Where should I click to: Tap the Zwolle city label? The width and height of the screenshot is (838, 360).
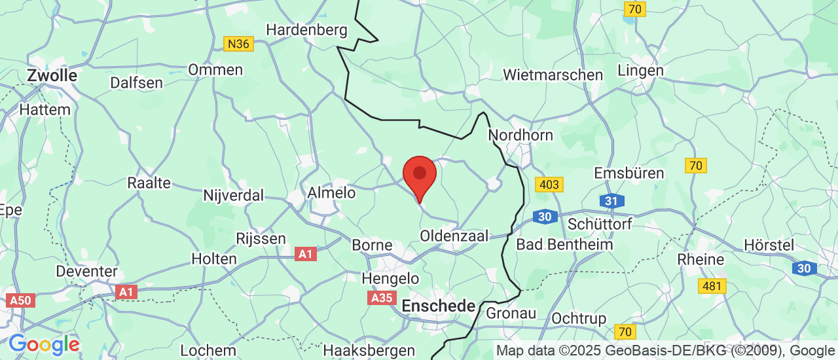(x=52, y=75)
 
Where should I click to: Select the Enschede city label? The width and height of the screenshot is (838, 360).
(x=438, y=306)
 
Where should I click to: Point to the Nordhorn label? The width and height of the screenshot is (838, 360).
(x=520, y=135)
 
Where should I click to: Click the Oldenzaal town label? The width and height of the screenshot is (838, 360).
(x=454, y=236)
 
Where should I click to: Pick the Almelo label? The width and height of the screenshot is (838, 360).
(x=331, y=192)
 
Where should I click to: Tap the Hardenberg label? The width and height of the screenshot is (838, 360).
(x=306, y=29)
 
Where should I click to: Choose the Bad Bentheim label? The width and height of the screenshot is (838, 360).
(x=564, y=244)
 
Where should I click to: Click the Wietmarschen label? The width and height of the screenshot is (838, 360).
(x=553, y=75)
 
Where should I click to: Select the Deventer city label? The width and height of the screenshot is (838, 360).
(x=86, y=271)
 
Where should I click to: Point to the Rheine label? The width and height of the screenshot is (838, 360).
(x=701, y=259)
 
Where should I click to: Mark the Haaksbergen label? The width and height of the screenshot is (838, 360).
(x=369, y=350)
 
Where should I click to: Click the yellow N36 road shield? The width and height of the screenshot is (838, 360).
(x=238, y=44)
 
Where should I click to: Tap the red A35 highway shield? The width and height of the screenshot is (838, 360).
(x=382, y=298)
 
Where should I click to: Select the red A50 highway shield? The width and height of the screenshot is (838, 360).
(x=19, y=300)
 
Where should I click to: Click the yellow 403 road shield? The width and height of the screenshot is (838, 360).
(x=549, y=185)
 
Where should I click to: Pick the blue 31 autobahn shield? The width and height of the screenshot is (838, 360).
(x=610, y=201)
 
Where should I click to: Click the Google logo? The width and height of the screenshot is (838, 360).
(x=44, y=344)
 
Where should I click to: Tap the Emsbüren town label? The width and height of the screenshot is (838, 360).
(x=628, y=173)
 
